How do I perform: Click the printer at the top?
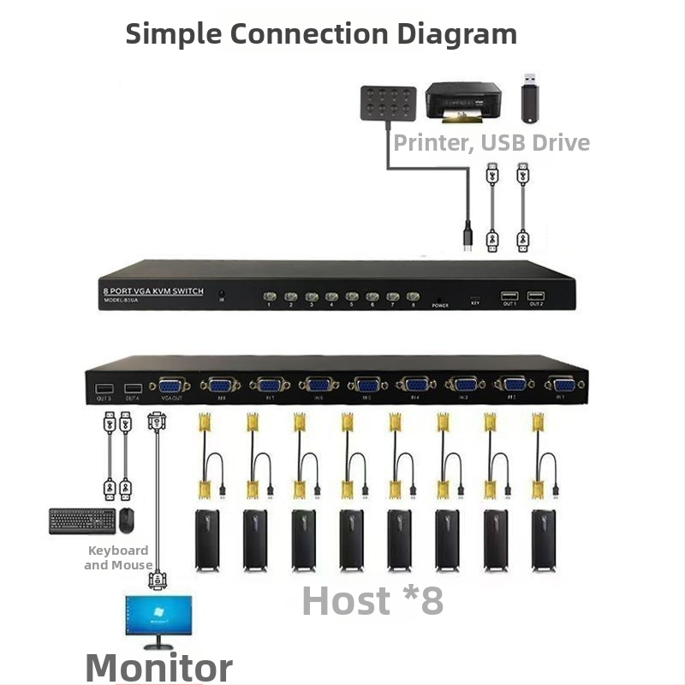462,103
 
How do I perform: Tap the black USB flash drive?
530,97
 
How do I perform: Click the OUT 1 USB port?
509,295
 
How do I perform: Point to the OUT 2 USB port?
536,295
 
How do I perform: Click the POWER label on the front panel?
440,305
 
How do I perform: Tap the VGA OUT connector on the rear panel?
169,386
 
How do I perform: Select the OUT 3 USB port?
104,388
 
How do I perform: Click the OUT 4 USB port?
132,388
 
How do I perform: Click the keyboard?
81,521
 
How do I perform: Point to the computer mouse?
127,520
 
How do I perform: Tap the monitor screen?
158,618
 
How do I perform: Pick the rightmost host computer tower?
543,539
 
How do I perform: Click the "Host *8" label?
372,600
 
